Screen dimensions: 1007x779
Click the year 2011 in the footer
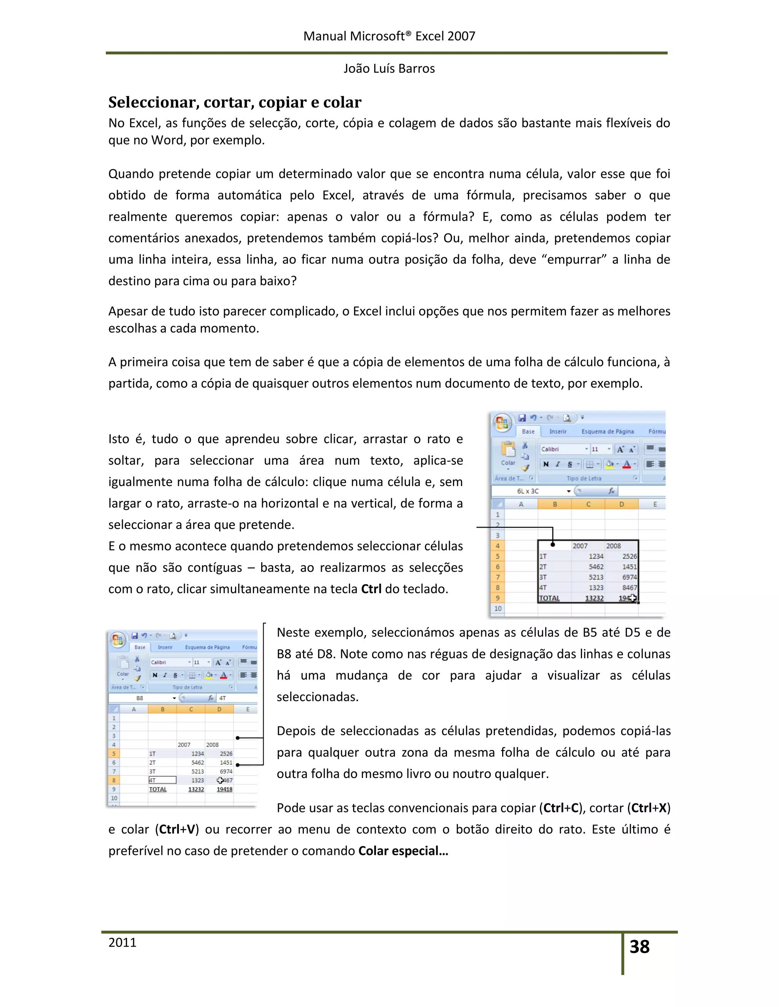pos(122,942)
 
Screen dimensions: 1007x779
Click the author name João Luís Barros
pos(389,69)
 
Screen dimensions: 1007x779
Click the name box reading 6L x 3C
pos(528,491)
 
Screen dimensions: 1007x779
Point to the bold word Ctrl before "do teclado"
pos(371,589)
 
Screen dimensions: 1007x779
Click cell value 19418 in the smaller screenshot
pos(225,789)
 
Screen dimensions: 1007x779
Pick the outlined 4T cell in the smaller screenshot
pos(162,780)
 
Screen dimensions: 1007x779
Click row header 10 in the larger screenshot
pos(498,609)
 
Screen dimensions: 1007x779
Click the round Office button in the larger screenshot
pos(502,423)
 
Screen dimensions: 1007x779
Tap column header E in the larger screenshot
pos(654,504)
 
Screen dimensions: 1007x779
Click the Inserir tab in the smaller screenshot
pos(165,648)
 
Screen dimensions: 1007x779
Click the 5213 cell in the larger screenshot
pos(596,577)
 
